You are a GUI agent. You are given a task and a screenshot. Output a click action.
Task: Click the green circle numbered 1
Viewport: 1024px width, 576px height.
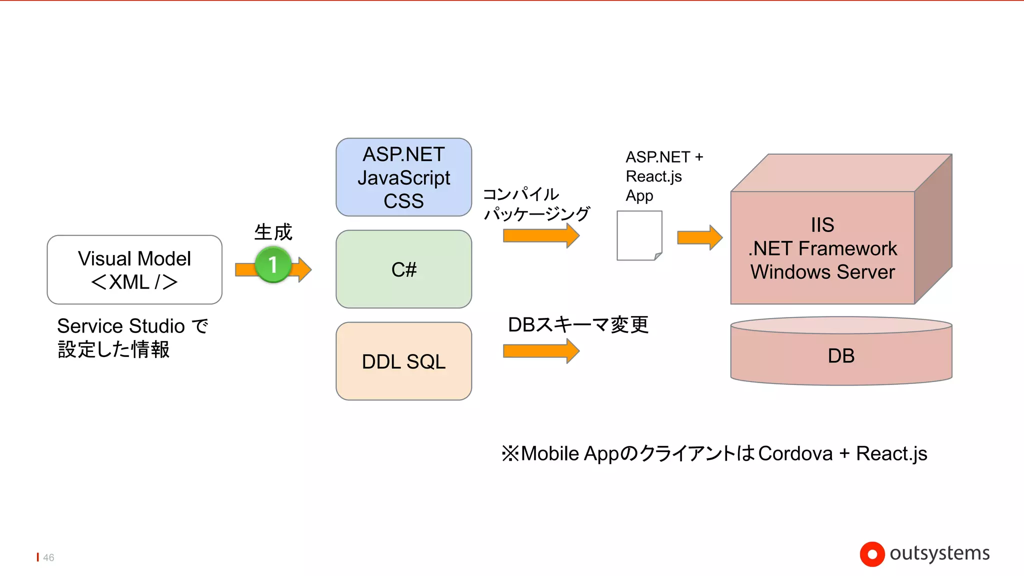[x=273, y=264]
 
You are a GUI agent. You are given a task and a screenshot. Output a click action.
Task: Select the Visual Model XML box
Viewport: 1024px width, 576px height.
[x=134, y=270]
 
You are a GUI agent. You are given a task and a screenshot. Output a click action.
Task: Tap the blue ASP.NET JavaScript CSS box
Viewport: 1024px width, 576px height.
[x=403, y=177]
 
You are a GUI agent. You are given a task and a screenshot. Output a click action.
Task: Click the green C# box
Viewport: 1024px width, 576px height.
[x=403, y=269]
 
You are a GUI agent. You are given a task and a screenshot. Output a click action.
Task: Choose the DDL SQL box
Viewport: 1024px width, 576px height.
[x=403, y=361]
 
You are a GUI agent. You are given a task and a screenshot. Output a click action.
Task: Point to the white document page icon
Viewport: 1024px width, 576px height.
[x=639, y=235]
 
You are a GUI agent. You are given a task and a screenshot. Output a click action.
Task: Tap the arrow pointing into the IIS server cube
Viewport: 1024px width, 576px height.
[x=699, y=237]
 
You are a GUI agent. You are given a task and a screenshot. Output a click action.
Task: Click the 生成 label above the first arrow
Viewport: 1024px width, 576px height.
[x=273, y=232]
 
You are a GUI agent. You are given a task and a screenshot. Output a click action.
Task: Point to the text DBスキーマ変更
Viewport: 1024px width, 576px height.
[x=578, y=325]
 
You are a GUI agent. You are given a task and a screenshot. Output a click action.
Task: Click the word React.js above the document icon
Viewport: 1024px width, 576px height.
[x=653, y=176]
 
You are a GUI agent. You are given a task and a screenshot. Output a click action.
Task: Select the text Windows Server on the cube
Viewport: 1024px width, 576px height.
[x=822, y=272]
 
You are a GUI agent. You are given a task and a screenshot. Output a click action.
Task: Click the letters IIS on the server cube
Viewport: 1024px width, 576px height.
[x=822, y=225]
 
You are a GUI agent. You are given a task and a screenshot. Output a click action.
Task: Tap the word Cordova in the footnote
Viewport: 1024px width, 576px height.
[x=795, y=453]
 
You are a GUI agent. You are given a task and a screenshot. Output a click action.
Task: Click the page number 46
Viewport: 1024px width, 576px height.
[x=48, y=557]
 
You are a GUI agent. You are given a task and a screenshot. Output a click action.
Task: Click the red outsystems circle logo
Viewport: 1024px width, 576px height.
[x=872, y=554]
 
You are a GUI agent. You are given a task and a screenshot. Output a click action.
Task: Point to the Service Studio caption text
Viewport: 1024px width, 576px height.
[x=132, y=326]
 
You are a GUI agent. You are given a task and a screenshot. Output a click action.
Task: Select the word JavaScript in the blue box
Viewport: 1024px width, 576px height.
[x=403, y=178]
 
